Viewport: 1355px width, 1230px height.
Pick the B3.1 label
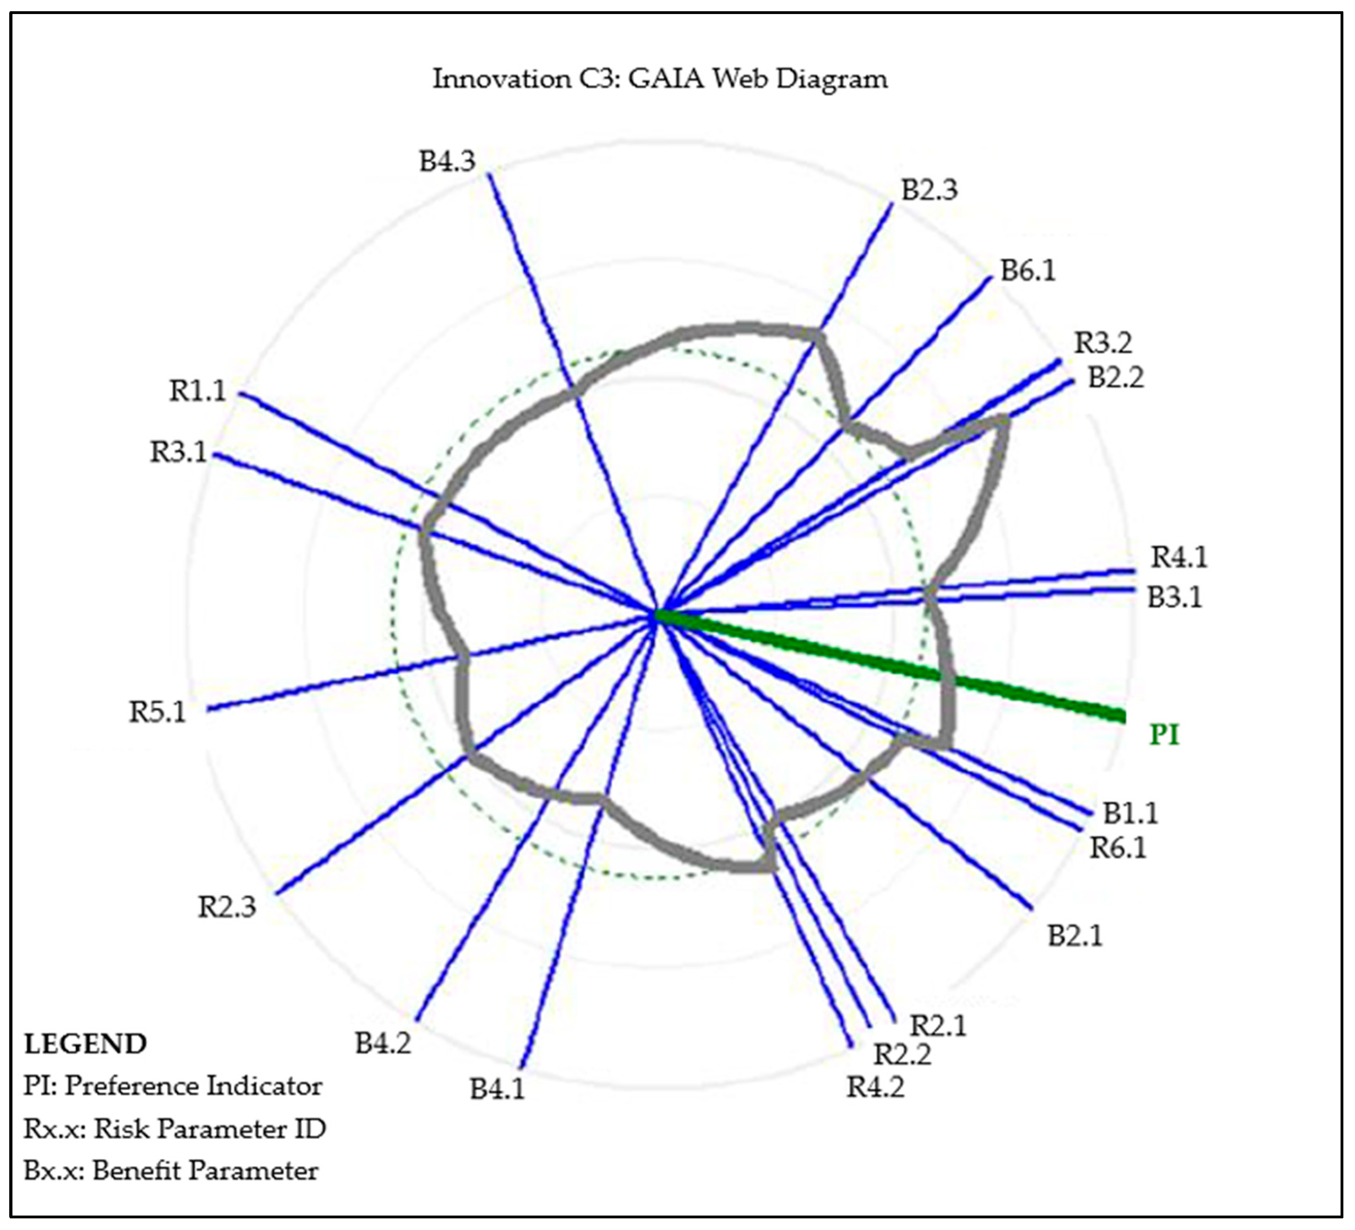1174,597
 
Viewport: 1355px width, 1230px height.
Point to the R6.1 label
1118,849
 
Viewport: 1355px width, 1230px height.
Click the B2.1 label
1075,936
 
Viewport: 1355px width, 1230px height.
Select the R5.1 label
157,712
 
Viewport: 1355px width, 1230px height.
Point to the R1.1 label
197,391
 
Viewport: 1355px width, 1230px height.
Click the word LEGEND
85,1044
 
